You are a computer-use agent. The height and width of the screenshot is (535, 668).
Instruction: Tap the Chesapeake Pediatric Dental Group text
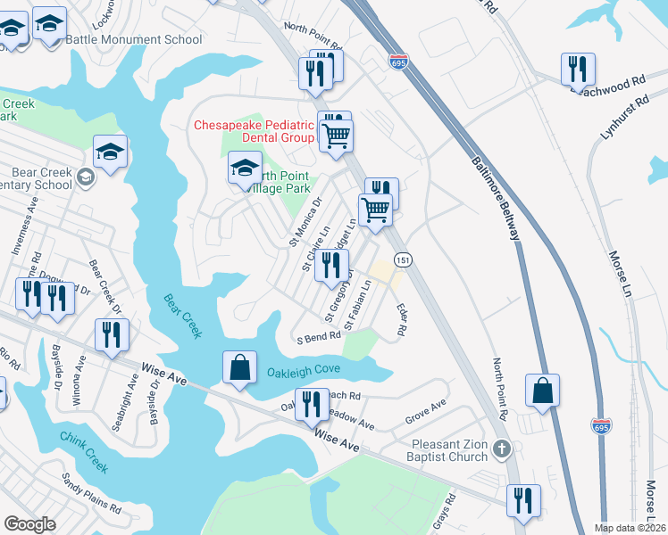click(255, 131)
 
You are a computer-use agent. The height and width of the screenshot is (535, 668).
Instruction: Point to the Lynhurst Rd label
click(622, 118)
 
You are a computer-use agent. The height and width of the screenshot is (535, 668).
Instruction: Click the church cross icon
click(502, 449)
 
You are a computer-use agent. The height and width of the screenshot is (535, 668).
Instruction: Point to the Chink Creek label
click(83, 452)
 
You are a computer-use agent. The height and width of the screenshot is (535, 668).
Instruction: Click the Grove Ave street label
click(425, 408)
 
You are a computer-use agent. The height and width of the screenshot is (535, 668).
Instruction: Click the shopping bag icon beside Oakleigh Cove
click(239, 367)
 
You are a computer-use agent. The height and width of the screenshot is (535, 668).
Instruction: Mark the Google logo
click(29, 524)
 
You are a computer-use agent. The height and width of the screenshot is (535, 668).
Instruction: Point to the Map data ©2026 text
click(629, 528)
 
